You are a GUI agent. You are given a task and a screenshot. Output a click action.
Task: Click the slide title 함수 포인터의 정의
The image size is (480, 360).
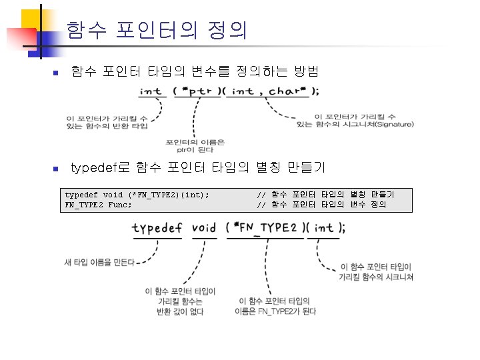coord(157,30)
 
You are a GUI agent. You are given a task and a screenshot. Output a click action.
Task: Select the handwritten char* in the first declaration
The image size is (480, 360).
coord(288,91)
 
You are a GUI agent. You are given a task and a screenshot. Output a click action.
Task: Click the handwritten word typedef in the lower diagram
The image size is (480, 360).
coord(157,228)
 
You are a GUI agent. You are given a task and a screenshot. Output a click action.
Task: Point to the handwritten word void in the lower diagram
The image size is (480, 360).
coord(203,228)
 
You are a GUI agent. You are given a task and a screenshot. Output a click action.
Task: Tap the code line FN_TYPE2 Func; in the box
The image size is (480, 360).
coord(98,204)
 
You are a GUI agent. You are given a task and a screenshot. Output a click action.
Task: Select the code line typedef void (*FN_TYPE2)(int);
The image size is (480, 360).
coord(137,195)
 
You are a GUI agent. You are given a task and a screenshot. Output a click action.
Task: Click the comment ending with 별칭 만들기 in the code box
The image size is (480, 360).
coord(325,195)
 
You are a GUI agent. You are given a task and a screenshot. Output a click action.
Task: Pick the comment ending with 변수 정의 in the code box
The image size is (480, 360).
coord(321,204)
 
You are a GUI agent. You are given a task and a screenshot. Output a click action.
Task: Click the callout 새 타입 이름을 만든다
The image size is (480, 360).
coord(99,262)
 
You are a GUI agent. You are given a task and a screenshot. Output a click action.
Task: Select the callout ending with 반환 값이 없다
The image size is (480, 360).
coord(179,301)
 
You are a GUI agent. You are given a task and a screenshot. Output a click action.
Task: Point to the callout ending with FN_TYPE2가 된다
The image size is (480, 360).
coord(275,307)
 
